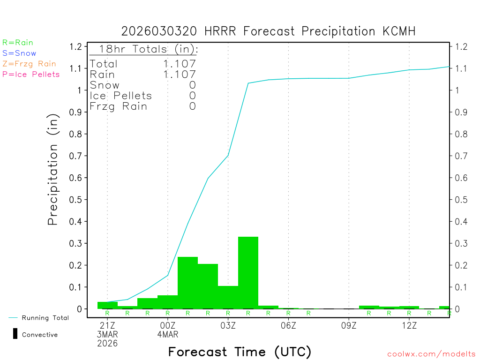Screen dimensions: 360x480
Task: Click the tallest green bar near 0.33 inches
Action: click(x=248, y=272)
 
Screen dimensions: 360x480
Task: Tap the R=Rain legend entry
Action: click(x=18, y=43)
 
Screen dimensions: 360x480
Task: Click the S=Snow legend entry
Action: click(x=19, y=53)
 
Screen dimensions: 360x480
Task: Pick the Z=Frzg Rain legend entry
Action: click(x=29, y=64)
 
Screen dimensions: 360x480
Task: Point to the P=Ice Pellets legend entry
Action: click(x=31, y=74)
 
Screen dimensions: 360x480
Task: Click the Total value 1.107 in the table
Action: click(x=180, y=64)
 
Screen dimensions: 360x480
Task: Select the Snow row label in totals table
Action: click(x=105, y=85)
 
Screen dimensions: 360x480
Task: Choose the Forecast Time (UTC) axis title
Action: click(x=240, y=352)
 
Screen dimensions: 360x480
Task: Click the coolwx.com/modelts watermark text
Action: click(x=431, y=354)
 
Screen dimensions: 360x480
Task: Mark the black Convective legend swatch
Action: click(x=15, y=334)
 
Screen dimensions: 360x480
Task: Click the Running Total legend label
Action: click(x=45, y=318)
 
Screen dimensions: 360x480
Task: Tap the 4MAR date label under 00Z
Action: click(x=168, y=334)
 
